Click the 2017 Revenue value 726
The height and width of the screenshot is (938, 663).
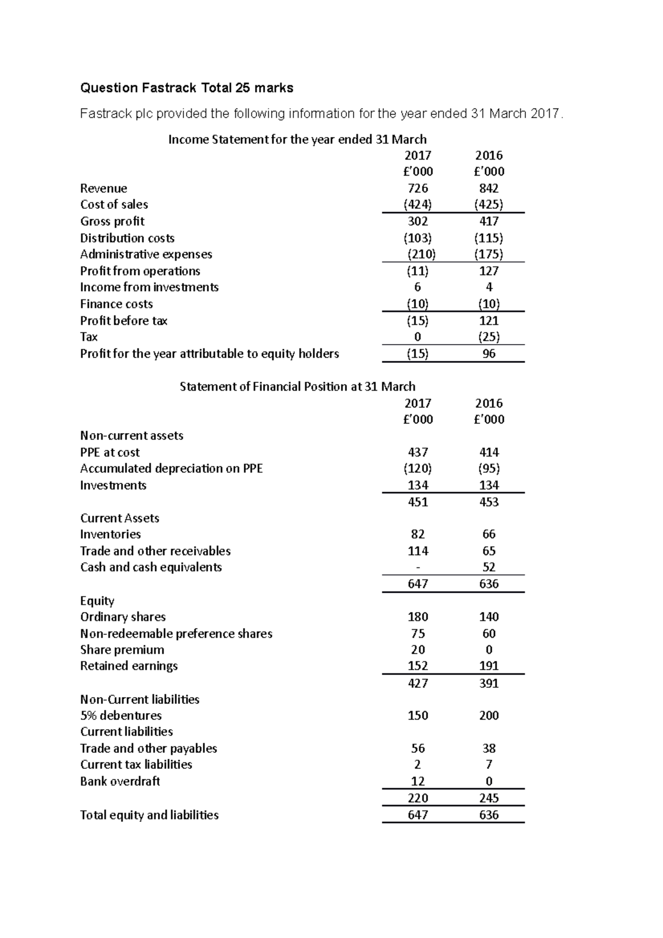418,188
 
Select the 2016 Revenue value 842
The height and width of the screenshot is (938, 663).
489,188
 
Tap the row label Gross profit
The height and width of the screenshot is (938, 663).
112,222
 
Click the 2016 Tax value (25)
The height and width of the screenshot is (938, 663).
489,337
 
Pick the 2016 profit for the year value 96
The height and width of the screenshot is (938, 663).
489,354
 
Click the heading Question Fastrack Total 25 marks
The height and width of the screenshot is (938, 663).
187,88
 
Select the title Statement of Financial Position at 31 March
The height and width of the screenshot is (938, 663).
297,387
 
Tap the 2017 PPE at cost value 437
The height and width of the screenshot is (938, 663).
418,452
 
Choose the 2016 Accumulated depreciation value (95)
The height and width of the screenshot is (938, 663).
489,468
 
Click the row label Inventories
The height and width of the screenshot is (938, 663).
110,534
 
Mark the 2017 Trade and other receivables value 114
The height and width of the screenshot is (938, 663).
418,551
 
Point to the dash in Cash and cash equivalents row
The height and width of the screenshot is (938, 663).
418,567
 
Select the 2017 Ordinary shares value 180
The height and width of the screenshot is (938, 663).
418,616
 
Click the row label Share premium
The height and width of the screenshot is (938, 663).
122,650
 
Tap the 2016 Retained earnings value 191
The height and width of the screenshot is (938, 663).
489,666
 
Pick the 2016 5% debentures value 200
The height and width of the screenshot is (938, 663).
489,715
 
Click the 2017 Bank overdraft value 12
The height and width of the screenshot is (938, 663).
418,781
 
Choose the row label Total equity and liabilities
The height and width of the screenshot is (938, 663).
149,815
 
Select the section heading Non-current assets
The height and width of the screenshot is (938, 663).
131,435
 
